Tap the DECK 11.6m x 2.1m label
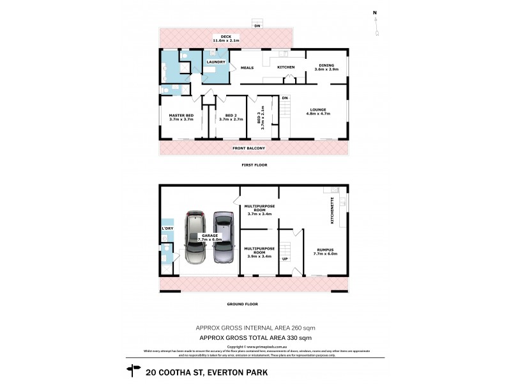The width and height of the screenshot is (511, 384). click(x=226, y=39)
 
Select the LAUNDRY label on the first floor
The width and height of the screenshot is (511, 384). click(x=215, y=62)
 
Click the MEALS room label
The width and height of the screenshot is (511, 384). click(x=247, y=67)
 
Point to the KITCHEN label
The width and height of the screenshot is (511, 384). click(x=286, y=67)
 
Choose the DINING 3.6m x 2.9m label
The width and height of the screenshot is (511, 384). click(x=326, y=67)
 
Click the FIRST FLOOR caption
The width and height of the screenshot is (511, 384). click(x=254, y=165)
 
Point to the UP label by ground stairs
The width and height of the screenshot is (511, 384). click(x=286, y=260)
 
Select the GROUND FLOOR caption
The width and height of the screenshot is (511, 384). click(x=254, y=304)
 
